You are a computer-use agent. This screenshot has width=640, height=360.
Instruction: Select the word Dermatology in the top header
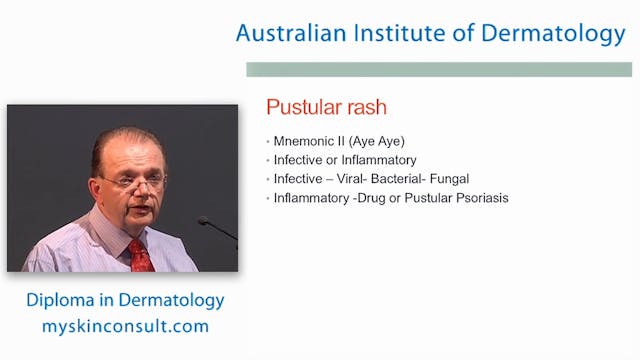coord(553,34)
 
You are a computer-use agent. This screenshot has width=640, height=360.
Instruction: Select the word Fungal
coord(448,179)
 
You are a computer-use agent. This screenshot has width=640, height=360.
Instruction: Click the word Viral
coord(345,179)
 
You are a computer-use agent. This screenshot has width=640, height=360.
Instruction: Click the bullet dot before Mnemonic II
coord(268,141)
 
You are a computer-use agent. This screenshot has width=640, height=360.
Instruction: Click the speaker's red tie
coord(140,256)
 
